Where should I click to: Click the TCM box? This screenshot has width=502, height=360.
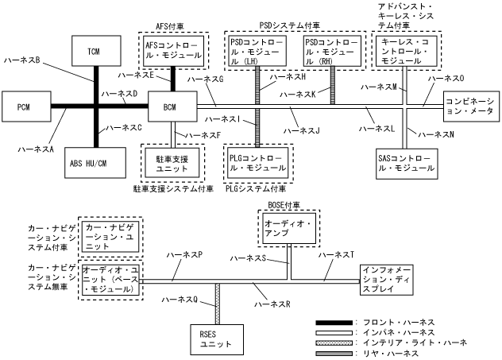pyautogui.click(x=96, y=51)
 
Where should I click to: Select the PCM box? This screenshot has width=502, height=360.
pyautogui.click(x=26, y=106)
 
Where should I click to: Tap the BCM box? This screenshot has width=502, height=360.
pyautogui.click(x=172, y=106)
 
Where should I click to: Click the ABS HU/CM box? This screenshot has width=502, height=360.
pyautogui.click(x=95, y=163)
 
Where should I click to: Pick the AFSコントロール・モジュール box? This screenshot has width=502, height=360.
pyautogui.click(x=173, y=51)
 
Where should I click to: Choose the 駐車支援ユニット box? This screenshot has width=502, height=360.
pyautogui.click(x=172, y=163)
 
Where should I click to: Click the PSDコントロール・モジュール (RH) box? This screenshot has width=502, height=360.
pyautogui.click(x=332, y=51)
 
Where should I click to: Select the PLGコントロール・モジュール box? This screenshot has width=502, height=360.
pyautogui.click(x=257, y=163)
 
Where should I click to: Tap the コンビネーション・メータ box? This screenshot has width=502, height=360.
pyautogui.click(x=471, y=106)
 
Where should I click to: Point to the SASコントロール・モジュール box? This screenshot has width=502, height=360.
pyautogui.click(x=407, y=164)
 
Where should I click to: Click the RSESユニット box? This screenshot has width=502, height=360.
pyautogui.click(x=217, y=339)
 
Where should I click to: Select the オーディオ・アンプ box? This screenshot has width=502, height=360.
pyautogui.click(x=289, y=228)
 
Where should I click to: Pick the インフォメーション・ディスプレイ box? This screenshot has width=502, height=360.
pyautogui.click(x=386, y=280)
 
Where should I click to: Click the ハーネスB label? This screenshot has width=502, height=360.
pyautogui.click(x=21, y=60)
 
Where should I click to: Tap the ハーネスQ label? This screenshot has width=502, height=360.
pyautogui.click(x=180, y=300)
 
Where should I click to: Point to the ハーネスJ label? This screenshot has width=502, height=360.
pyautogui.click(x=301, y=130)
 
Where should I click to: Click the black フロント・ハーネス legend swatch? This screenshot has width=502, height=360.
pyautogui.click(x=334, y=323)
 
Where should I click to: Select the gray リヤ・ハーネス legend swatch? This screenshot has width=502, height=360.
pyautogui.click(x=334, y=354)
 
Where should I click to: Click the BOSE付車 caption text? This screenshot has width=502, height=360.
pyautogui.click(x=284, y=205)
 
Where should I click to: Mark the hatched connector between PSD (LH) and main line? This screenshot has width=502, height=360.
pyautogui.click(x=257, y=86)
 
